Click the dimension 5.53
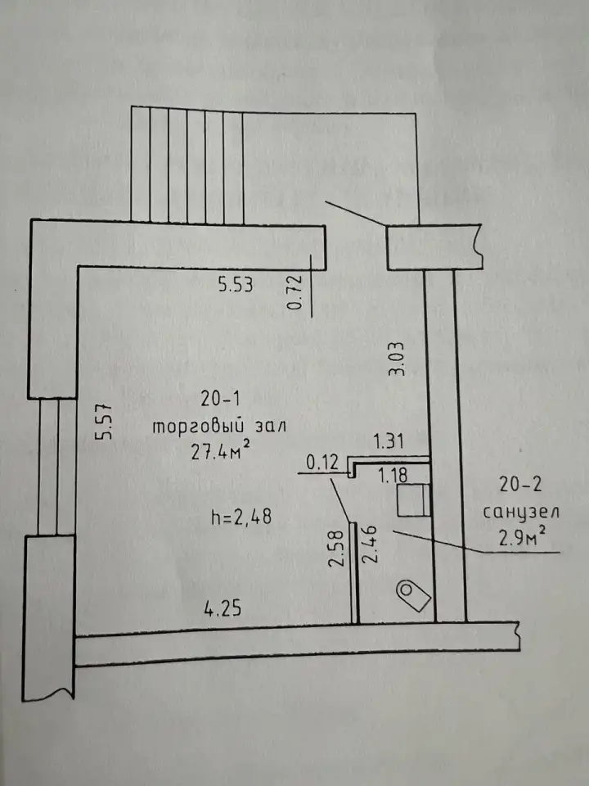click(x=236, y=285)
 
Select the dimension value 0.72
click(x=296, y=291)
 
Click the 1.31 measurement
click(x=389, y=441)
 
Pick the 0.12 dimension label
click(x=322, y=462)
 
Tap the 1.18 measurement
click(x=393, y=475)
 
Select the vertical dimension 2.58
click(x=336, y=549)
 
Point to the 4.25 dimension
click(x=223, y=608)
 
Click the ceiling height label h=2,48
click(x=241, y=517)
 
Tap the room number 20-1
click(x=220, y=399)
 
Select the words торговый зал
click(x=219, y=427)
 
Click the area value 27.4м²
click(x=220, y=452)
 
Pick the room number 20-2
click(x=520, y=484)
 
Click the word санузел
click(x=521, y=513)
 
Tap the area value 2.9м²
click(x=521, y=538)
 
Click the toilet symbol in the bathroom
click(x=414, y=595)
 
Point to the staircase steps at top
click(x=187, y=165)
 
